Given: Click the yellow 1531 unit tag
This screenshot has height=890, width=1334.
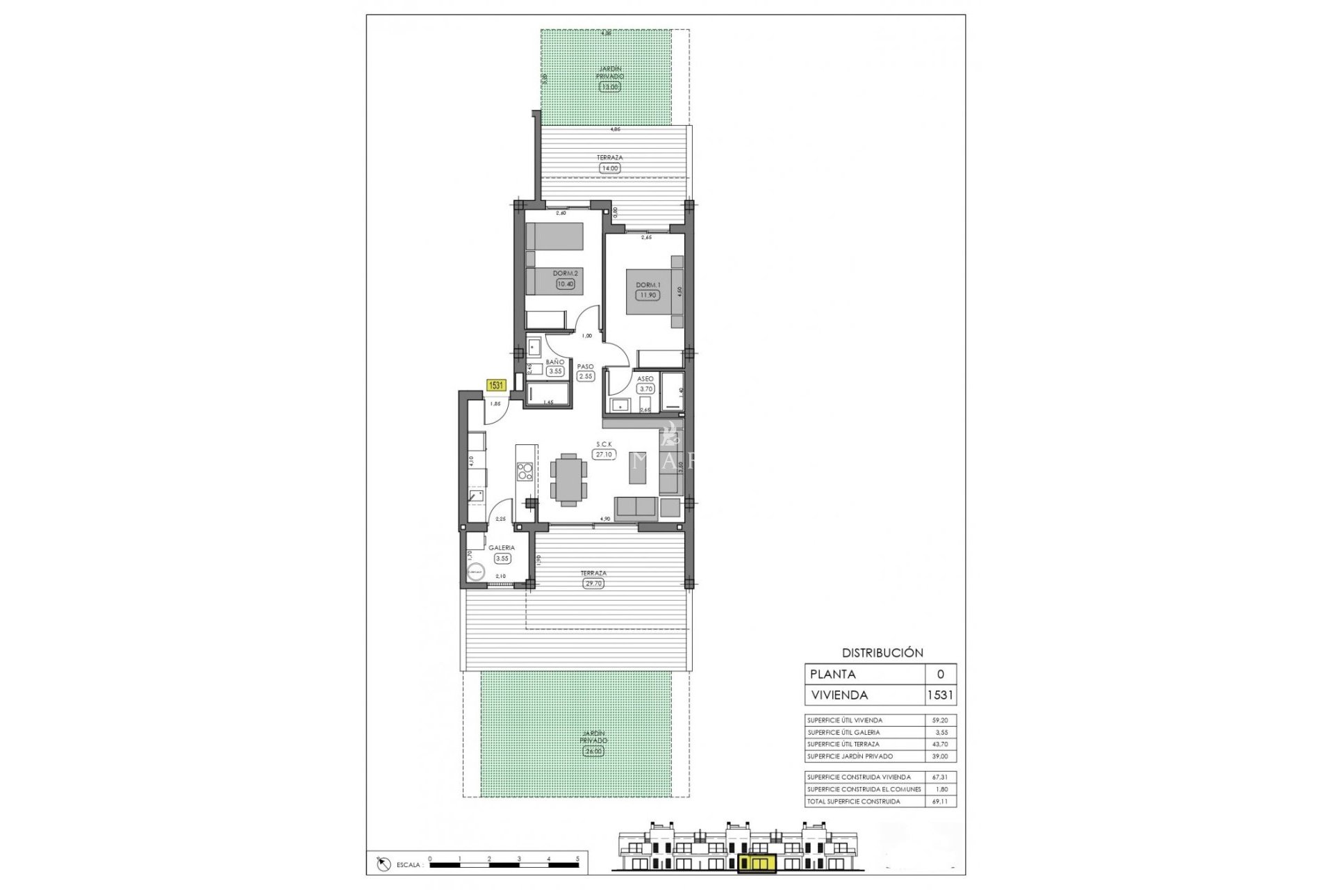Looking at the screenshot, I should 496,385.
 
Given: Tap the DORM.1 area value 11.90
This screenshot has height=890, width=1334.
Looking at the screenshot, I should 648,295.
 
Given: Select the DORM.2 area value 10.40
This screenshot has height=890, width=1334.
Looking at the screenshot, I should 566,283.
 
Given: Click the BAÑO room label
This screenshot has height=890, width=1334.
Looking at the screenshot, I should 554,362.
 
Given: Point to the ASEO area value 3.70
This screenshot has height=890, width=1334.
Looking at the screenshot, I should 645,389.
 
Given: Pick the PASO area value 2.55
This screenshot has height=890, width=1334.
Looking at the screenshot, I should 586,376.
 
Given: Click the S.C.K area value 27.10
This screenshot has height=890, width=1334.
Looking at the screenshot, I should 604,454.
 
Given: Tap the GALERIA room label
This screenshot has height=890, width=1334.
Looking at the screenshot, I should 501,548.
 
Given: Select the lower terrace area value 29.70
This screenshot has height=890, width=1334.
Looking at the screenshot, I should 593,583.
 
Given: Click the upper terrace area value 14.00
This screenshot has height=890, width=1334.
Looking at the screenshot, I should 609,168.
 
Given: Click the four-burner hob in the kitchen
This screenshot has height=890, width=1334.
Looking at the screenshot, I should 525,472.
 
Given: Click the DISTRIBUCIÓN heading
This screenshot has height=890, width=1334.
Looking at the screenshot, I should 882,653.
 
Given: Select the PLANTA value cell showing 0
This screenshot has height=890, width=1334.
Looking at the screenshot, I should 941,674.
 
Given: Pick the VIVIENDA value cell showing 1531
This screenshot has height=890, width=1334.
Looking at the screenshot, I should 941,695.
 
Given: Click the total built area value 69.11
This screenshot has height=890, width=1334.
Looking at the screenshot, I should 940,802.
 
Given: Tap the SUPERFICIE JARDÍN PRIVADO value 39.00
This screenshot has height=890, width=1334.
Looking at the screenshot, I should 940,756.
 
